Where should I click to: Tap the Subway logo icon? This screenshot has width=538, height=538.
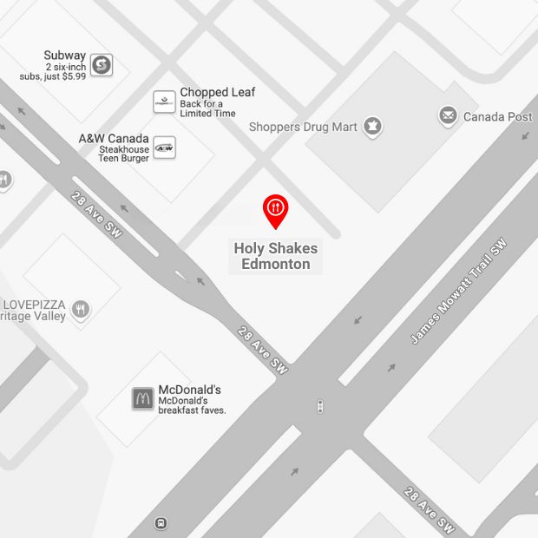102,64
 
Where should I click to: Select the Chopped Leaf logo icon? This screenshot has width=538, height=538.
165,102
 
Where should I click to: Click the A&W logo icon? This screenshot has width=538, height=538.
164,148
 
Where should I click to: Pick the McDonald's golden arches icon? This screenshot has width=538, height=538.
143,398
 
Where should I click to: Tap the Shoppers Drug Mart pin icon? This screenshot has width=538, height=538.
372,127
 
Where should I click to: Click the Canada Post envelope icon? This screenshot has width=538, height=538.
448,115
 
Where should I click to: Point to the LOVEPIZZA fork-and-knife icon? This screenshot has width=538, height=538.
81,310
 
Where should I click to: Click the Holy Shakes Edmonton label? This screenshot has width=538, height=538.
276,256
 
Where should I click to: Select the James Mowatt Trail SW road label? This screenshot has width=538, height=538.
457,291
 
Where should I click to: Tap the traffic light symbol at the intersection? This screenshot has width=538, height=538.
321,405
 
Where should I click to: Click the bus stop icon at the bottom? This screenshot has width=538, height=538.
161,523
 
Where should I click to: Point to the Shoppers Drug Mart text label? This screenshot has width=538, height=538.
303,127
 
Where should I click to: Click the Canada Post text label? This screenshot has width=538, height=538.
497,116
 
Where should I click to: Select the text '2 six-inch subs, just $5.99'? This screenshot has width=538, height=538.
53,71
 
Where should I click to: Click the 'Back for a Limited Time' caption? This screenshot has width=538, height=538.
207,108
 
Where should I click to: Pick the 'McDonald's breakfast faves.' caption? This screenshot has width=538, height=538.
192,405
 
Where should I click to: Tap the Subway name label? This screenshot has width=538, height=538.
65,56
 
